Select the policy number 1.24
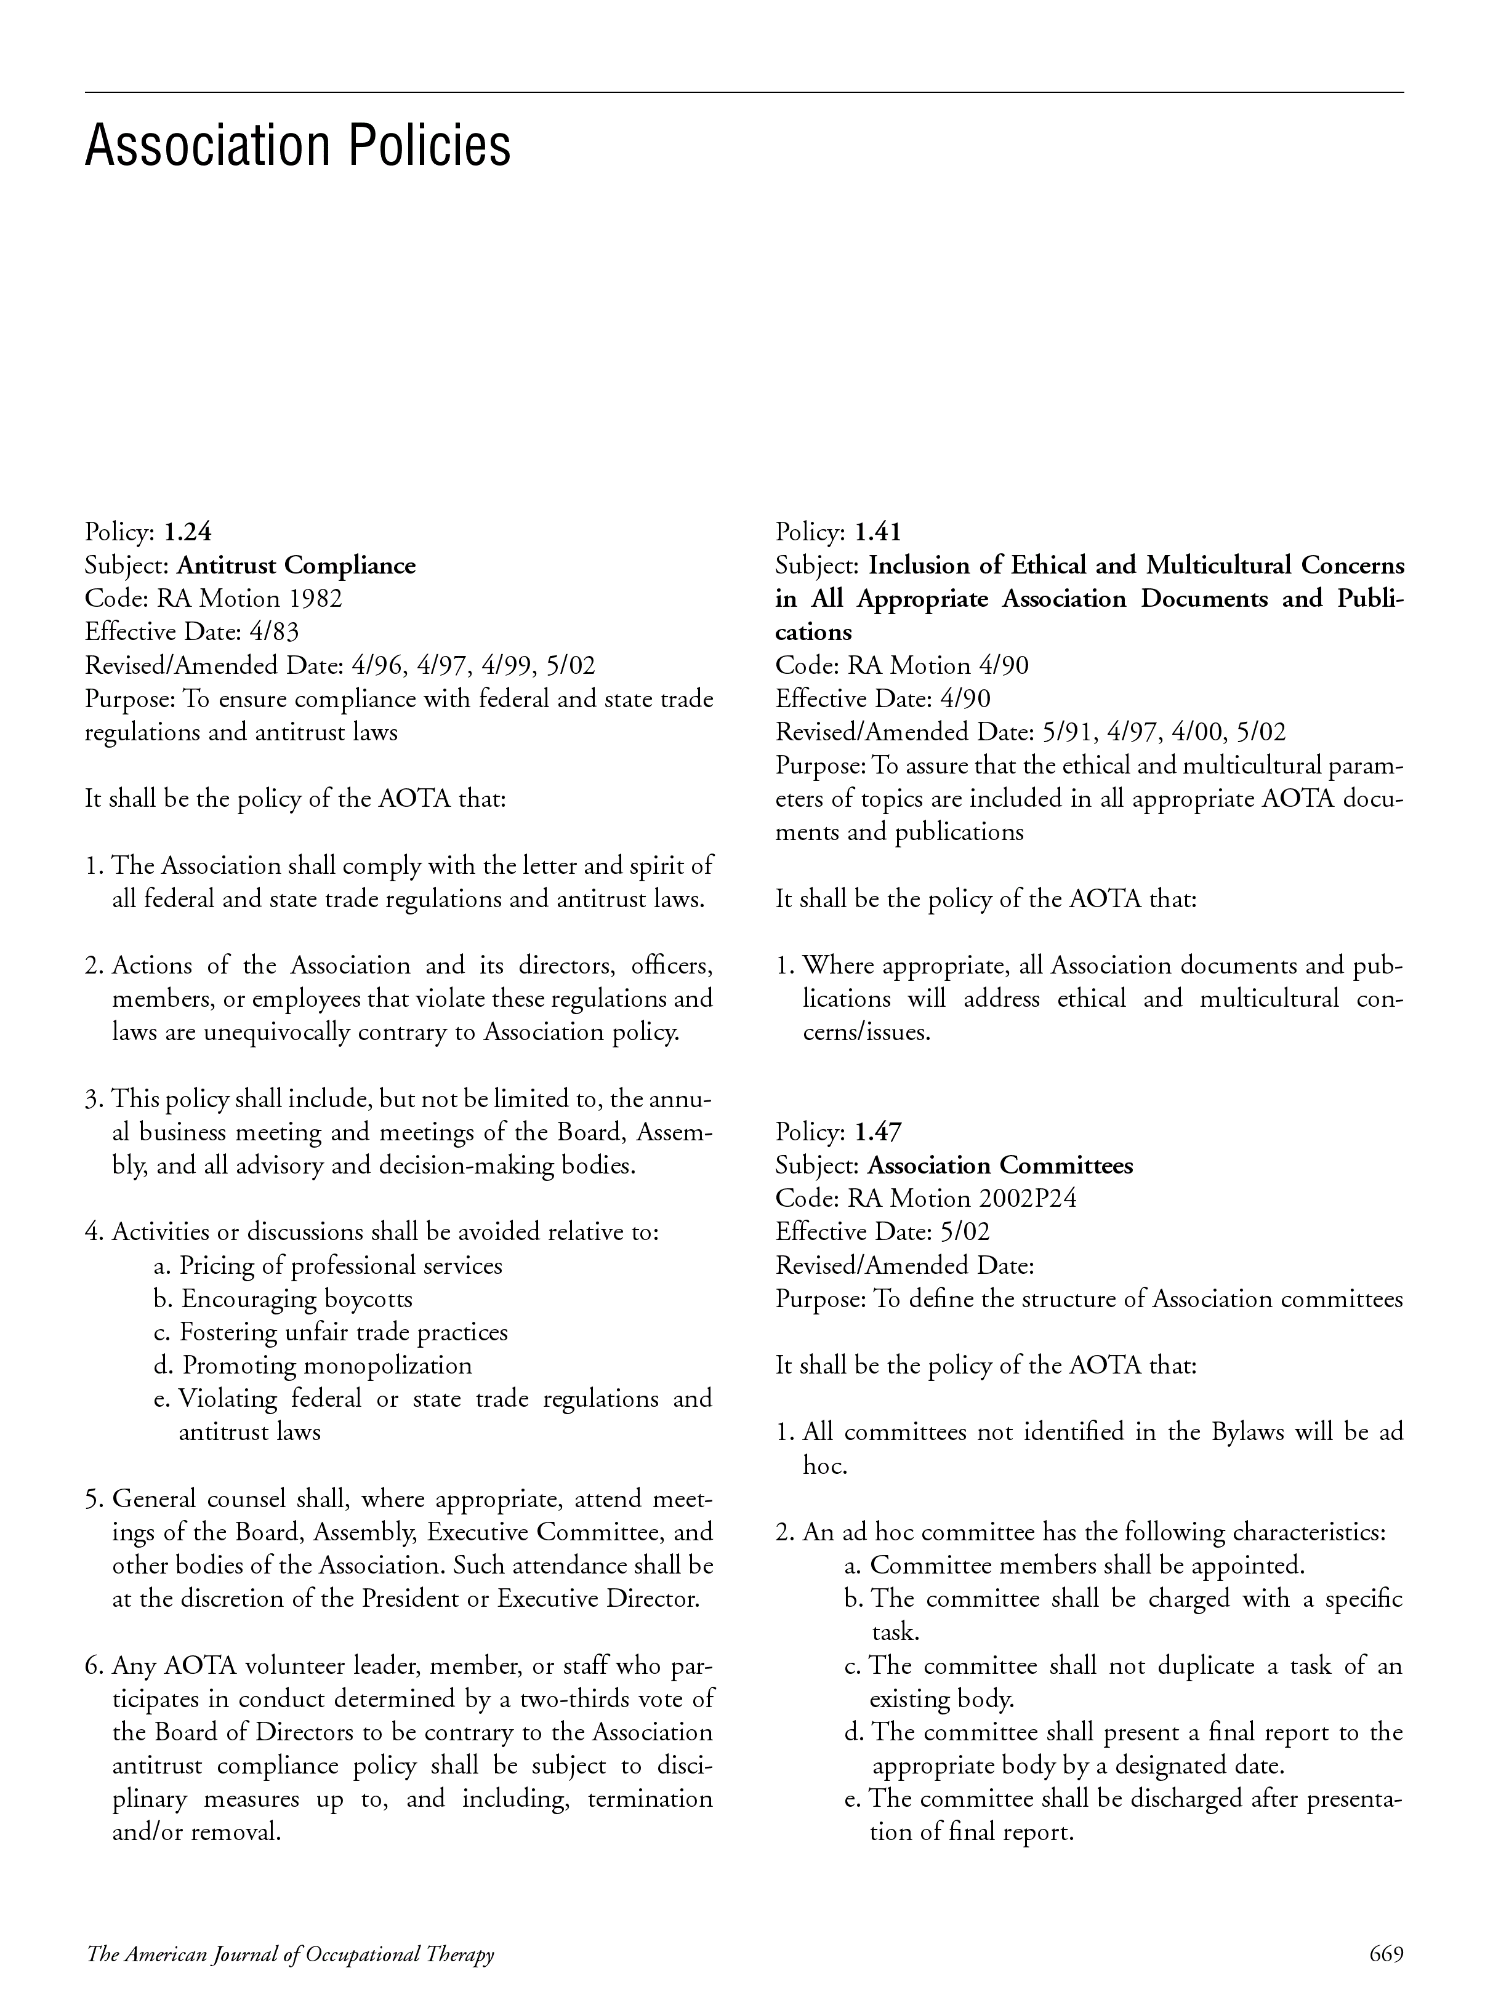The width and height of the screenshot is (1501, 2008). (187, 532)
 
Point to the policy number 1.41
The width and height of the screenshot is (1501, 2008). (878, 532)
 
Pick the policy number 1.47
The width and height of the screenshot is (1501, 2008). (878, 1132)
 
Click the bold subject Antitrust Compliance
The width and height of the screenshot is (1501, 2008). (296, 566)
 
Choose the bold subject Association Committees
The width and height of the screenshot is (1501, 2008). (1000, 1166)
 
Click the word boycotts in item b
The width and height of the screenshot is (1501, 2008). (369, 1299)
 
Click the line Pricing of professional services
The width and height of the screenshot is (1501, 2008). (340, 1265)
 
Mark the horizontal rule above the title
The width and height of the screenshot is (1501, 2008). (744, 92)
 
